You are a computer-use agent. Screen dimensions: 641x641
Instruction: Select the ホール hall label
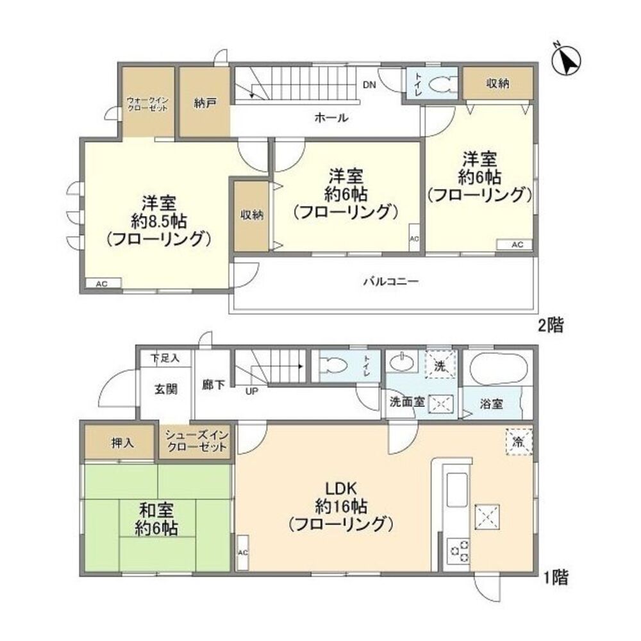tap(331, 118)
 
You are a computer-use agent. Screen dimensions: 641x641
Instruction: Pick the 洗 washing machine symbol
tap(440, 363)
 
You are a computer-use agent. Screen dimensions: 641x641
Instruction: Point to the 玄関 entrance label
tap(165, 388)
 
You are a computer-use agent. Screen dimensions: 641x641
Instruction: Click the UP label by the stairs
tap(251, 390)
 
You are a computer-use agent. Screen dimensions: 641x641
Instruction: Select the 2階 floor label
tap(550, 326)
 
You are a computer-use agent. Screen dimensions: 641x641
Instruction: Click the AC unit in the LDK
tap(242, 552)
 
